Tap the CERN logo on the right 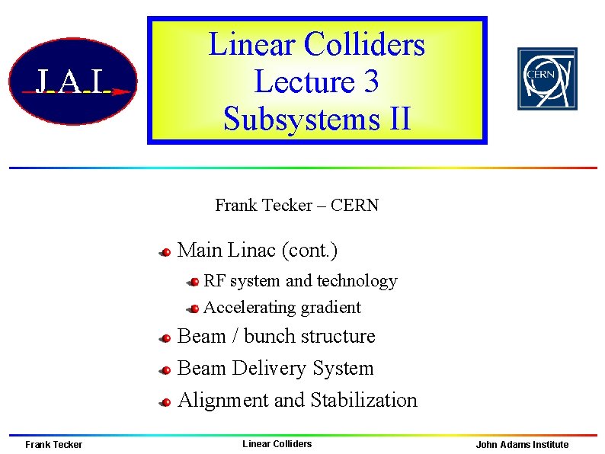pyautogui.click(x=547, y=78)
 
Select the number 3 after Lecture pyautogui.click(x=370, y=82)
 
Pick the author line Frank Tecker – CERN pyautogui.click(x=296, y=205)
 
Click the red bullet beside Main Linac pyautogui.click(x=164, y=251)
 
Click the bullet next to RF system pyautogui.click(x=194, y=283)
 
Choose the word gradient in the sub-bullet pyautogui.click(x=331, y=308)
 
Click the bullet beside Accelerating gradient pyautogui.click(x=194, y=309)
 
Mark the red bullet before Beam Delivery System pyautogui.click(x=164, y=370)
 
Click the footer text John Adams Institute pyautogui.click(x=522, y=445)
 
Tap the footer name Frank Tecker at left pyautogui.click(x=53, y=445)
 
